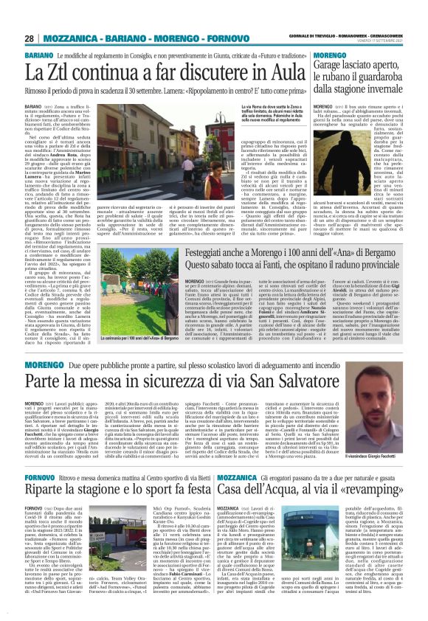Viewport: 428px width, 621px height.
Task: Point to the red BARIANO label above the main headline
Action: tap(38, 56)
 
